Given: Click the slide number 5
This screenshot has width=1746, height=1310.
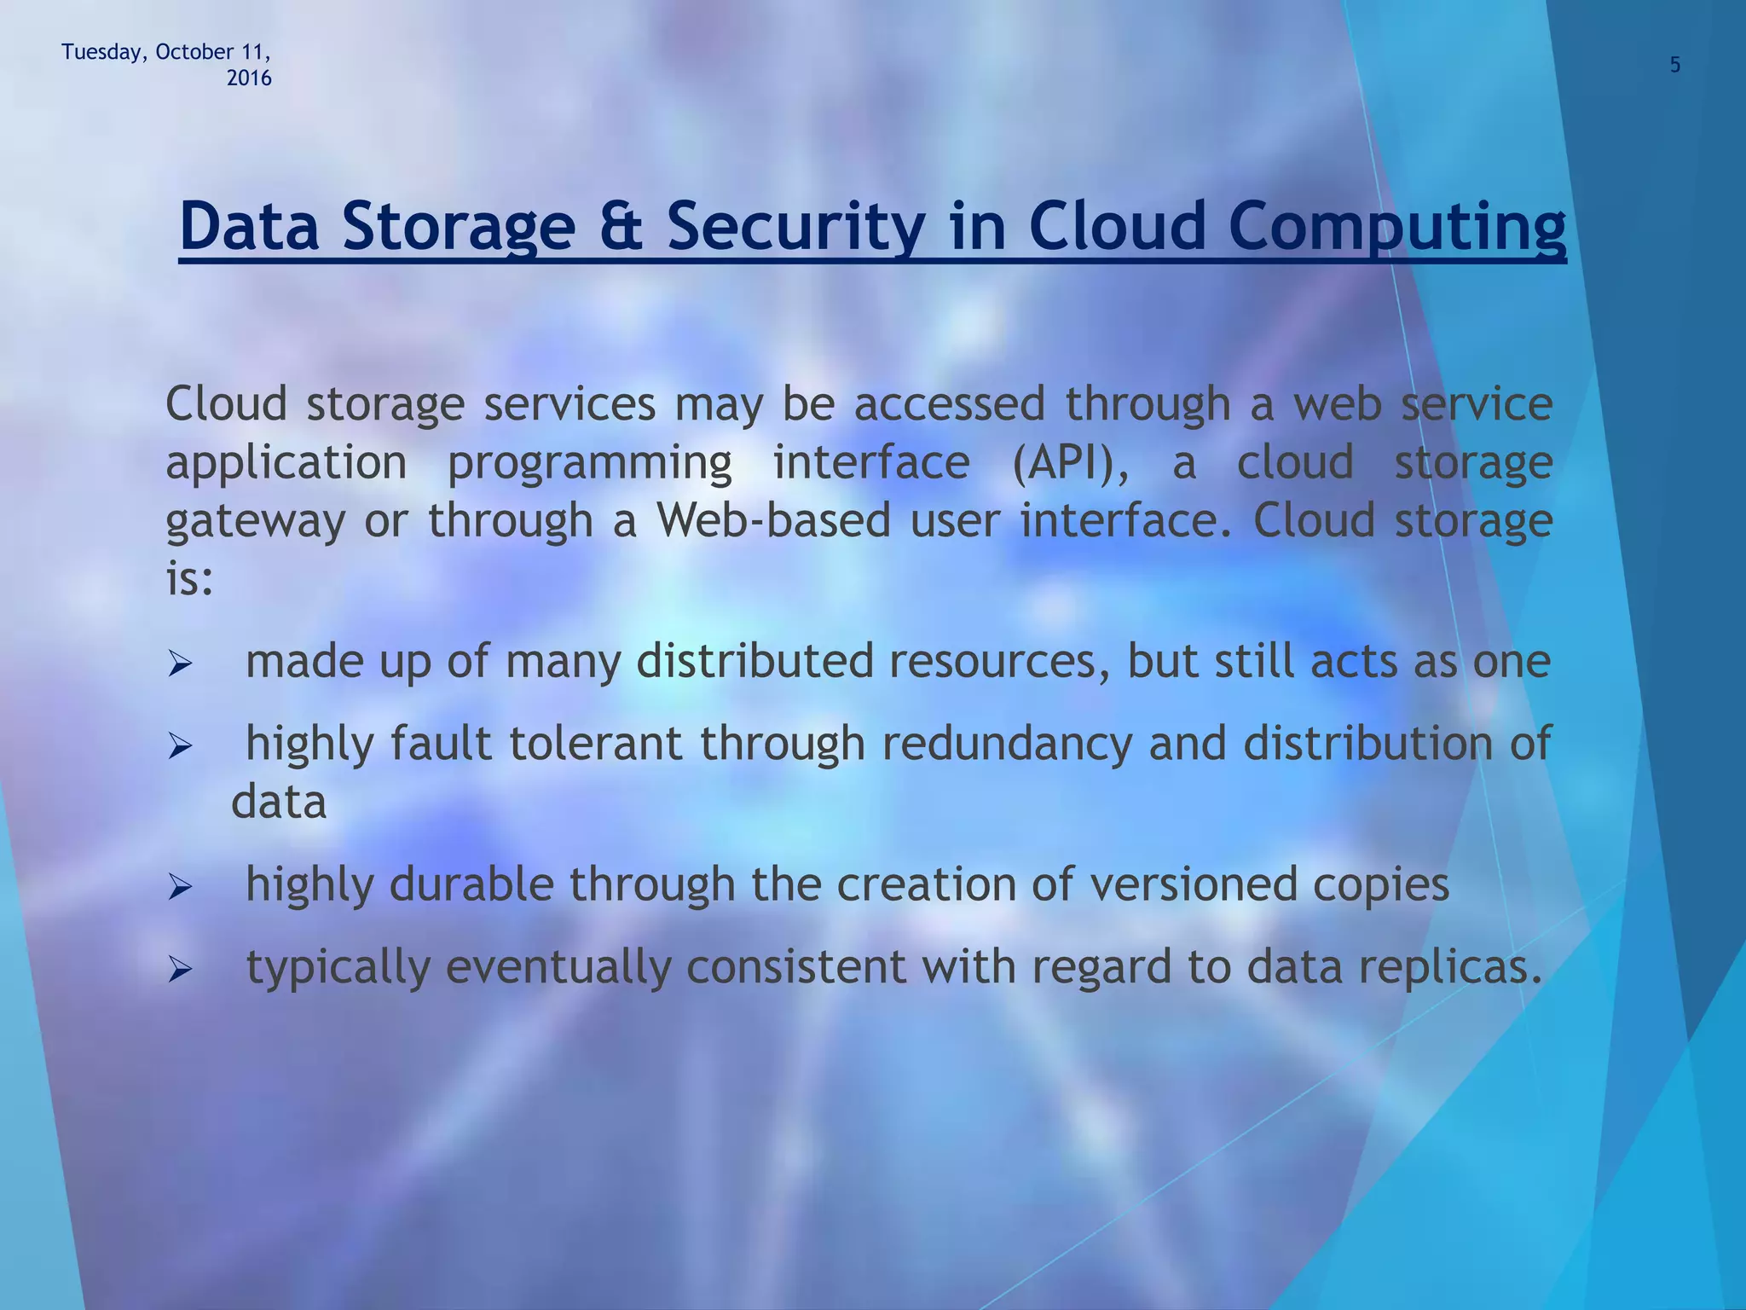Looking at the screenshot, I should point(1674,66).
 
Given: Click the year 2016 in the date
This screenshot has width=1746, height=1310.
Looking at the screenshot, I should point(249,78).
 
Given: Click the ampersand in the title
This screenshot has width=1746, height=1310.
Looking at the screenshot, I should point(621,226).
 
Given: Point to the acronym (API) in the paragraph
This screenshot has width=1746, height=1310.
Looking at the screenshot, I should point(1069,463).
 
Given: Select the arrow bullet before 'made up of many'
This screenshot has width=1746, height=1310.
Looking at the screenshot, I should point(181,664).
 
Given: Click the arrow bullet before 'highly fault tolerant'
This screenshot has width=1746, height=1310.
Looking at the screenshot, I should point(181,747).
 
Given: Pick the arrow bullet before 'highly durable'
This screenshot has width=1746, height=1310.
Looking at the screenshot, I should point(181,888).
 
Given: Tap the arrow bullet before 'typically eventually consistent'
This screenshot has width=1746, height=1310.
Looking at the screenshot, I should point(181,970).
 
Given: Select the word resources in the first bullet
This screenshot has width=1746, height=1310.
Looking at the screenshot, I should point(1000,661).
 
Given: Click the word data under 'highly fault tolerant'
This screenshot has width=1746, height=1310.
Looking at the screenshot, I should point(279,803).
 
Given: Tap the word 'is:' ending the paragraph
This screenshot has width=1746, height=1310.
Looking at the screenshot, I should point(188,580).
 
